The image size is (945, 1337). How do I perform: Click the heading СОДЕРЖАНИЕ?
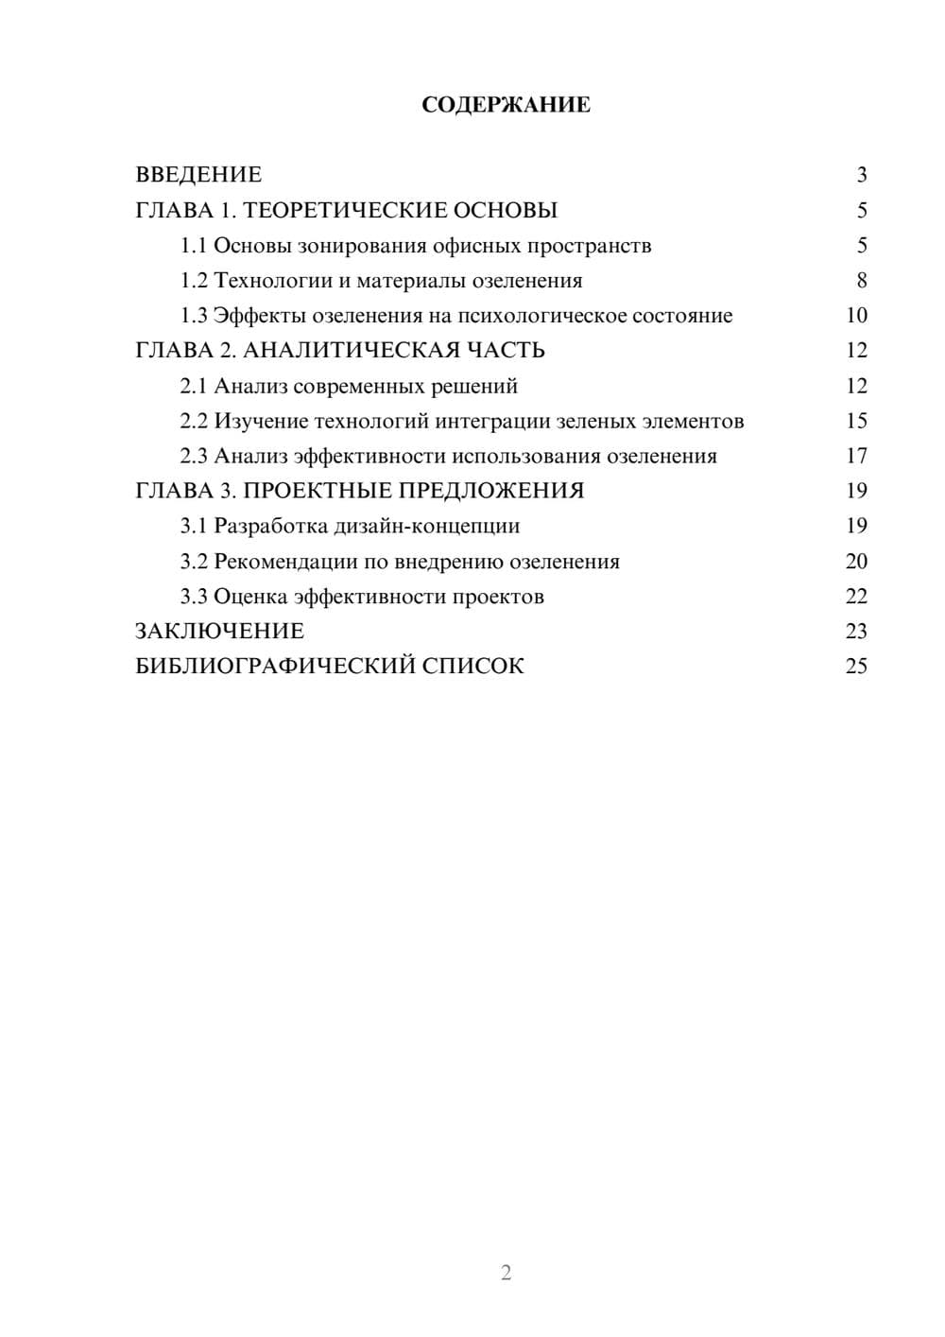[506, 105]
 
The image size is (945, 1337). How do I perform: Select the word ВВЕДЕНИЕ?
[198, 175]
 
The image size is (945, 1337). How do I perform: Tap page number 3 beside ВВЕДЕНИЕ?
[861, 175]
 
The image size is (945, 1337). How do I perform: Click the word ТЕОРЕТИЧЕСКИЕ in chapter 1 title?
[334, 210]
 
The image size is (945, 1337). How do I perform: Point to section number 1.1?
[194, 246]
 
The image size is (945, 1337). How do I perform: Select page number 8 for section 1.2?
[861, 281]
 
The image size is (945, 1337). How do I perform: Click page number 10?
[856, 316]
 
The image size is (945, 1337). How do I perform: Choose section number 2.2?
[194, 421]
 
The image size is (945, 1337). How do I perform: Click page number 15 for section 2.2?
[856, 421]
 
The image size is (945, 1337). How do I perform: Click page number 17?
[856, 457]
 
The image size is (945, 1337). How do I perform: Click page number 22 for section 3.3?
[856, 597]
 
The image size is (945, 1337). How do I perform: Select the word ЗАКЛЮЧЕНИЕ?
[219, 632]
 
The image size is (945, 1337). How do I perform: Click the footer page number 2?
[506, 1273]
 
